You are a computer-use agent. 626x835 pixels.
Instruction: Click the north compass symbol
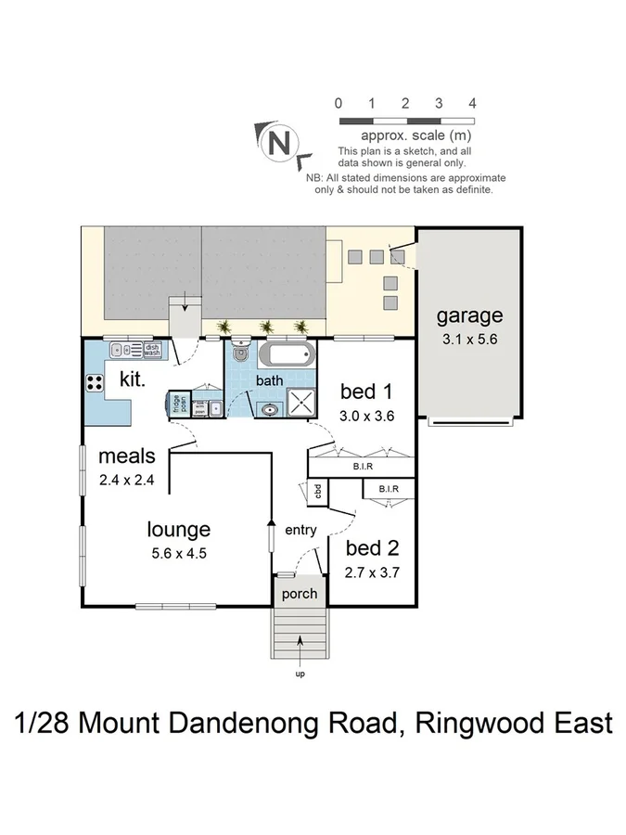276,143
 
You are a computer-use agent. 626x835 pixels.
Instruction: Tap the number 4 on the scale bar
473,103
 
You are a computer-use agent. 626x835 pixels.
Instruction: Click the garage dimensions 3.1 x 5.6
468,340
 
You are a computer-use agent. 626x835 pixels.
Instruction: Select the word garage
469,316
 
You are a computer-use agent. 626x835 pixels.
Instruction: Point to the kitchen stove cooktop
96,381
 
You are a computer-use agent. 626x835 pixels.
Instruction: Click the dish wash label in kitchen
152,350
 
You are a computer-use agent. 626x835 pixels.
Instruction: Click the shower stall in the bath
301,405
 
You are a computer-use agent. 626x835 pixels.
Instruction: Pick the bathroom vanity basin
269,407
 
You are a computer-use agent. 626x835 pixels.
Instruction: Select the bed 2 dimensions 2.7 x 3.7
372,572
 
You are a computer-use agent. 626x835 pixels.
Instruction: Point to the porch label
299,594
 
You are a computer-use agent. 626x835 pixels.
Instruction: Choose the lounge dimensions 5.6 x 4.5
178,554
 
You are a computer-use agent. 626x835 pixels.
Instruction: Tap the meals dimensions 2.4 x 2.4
126,480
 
